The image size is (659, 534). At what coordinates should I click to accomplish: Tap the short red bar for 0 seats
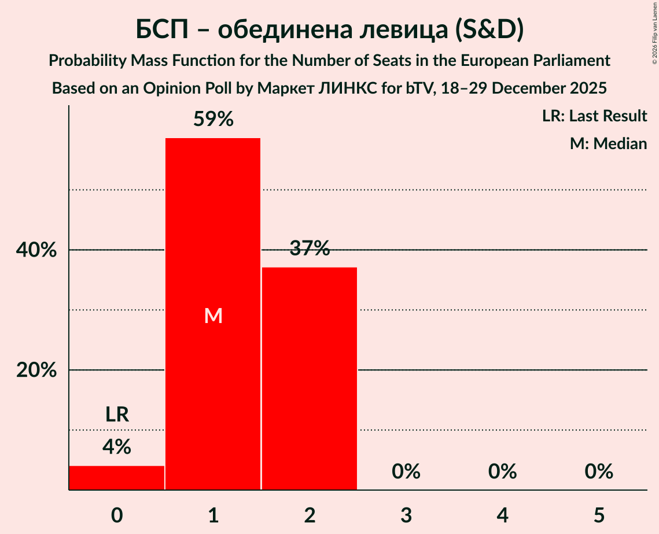click(117, 477)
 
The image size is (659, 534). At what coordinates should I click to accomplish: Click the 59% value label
click(213, 120)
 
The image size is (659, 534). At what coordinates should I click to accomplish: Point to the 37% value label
click(310, 249)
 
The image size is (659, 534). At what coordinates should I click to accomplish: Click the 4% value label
click(117, 447)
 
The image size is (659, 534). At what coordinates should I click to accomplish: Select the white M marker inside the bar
click(213, 316)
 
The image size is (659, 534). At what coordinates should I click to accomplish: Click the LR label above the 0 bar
click(117, 414)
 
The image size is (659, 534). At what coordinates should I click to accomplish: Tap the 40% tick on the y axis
click(36, 251)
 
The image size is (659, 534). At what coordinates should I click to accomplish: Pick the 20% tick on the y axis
click(36, 370)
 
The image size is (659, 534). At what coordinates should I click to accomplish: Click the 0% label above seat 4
click(502, 472)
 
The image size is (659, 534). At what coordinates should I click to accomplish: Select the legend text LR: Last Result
click(595, 116)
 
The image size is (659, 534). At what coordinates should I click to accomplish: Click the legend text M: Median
click(608, 143)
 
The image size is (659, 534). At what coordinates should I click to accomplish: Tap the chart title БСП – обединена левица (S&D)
click(329, 30)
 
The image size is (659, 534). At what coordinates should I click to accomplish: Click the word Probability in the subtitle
click(86, 61)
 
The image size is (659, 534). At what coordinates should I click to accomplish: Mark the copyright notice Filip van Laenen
click(654, 32)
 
